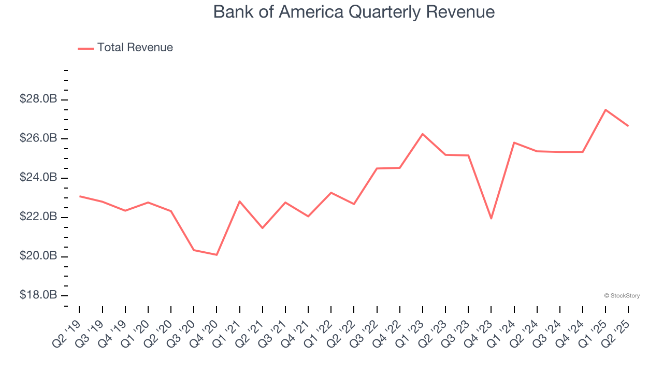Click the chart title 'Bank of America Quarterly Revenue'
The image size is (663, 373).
coord(354,12)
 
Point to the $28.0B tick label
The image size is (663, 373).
coord(38,99)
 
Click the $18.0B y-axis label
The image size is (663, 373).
coord(38,295)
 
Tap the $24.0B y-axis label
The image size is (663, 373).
coord(38,178)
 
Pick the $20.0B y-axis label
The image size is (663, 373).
coord(38,256)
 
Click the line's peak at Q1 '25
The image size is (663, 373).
coord(606,110)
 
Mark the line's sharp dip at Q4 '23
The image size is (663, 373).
coord(491,219)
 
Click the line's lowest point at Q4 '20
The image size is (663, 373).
coord(217,255)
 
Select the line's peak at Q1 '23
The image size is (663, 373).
coord(423,134)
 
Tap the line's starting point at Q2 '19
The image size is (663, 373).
coord(79,196)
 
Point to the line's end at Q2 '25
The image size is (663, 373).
coord(628,126)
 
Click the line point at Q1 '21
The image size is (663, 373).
coord(239,201)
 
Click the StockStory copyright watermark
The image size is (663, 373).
coord(622,296)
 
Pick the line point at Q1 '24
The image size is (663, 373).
coord(514,142)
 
